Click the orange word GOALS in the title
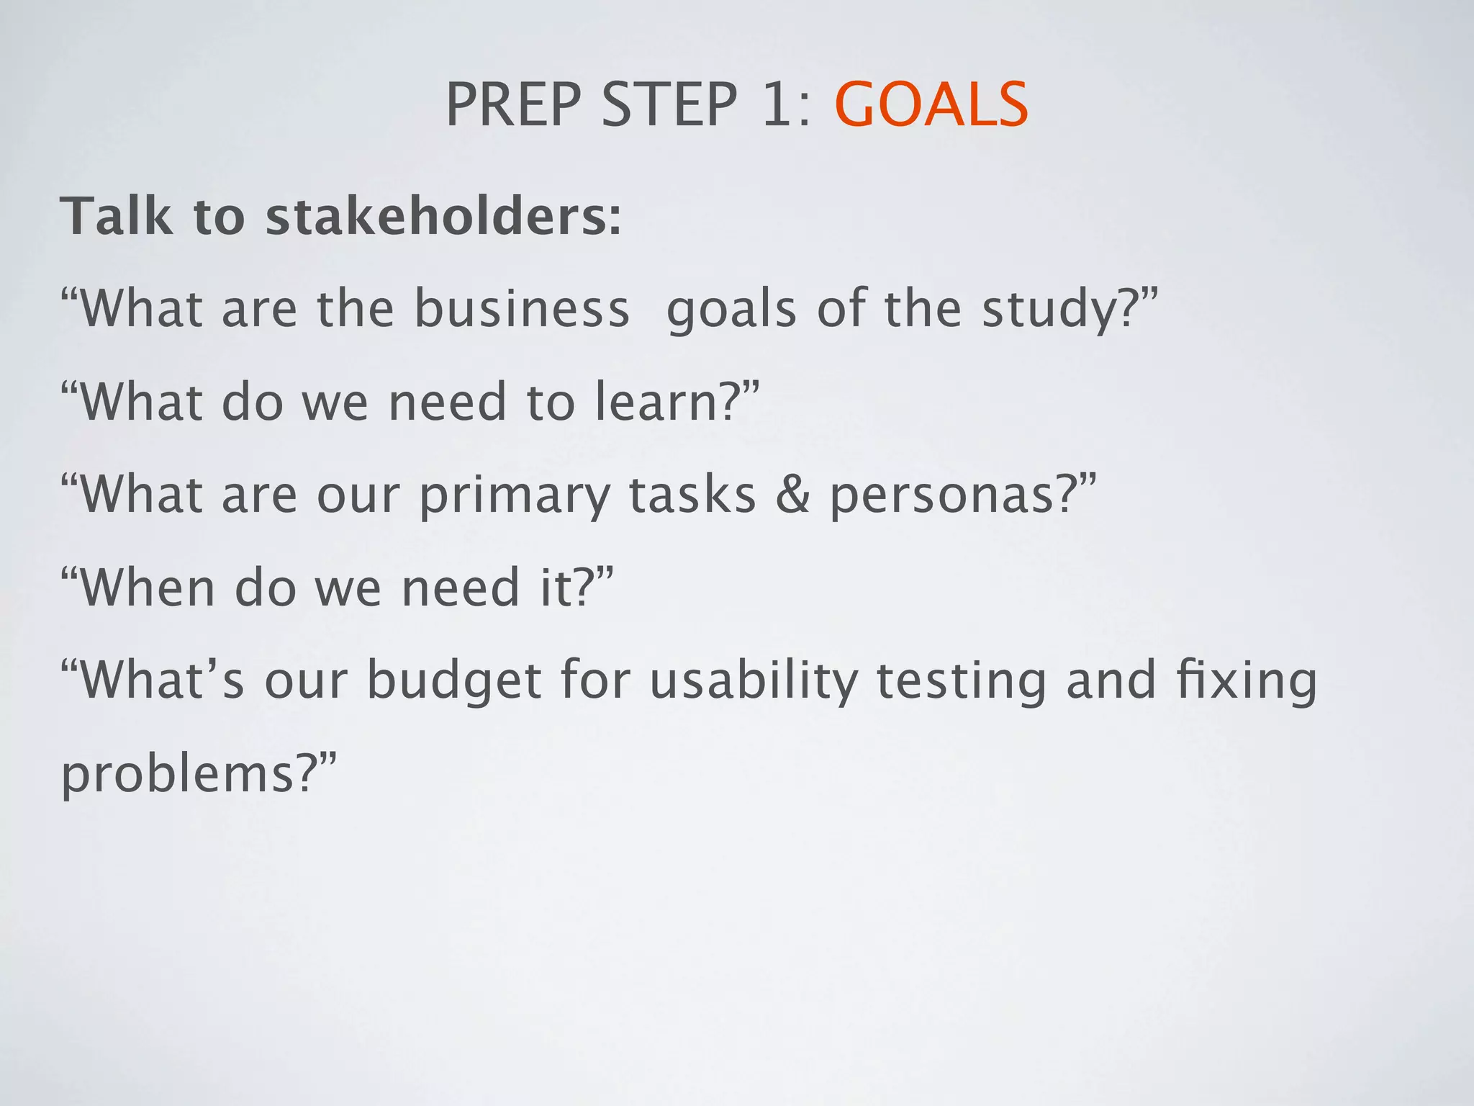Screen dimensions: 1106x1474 point(931,105)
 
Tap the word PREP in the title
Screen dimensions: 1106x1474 point(512,105)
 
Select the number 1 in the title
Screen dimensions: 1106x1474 point(776,105)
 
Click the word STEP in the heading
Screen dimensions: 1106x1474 point(669,105)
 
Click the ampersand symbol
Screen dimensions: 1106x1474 point(793,495)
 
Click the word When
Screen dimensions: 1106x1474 point(148,588)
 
